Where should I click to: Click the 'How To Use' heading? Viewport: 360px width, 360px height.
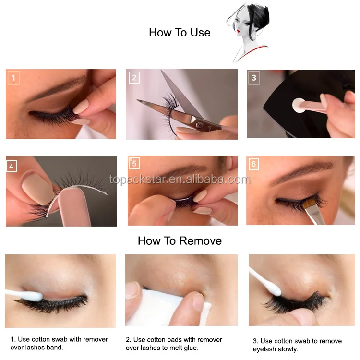click(x=180, y=33)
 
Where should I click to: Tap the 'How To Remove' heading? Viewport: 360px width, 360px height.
click(x=180, y=241)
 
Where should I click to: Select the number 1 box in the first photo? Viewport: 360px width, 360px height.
click(x=13, y=78)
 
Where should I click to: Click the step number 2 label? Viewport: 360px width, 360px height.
click(x=134, y=78)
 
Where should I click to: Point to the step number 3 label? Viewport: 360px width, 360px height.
click(x=254, y=78)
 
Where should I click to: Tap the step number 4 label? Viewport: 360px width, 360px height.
click(x=12, y=166)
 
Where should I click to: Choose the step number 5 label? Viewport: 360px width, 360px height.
click(x=134, y=164)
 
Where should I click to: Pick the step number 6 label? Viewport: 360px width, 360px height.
click(x=254, y=164)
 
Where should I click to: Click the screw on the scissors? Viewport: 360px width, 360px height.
click(x=198, y=125)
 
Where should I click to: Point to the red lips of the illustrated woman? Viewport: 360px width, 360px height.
click(x=239, y=31)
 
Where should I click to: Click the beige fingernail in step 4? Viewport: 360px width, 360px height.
click(x=37, y=189)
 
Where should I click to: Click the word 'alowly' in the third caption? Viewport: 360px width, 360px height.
click(x=287, y=349)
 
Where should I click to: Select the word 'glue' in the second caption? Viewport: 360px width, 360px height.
click(x=191, y=348)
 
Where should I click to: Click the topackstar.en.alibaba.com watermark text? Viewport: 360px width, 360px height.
click(x=180, y=180)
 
